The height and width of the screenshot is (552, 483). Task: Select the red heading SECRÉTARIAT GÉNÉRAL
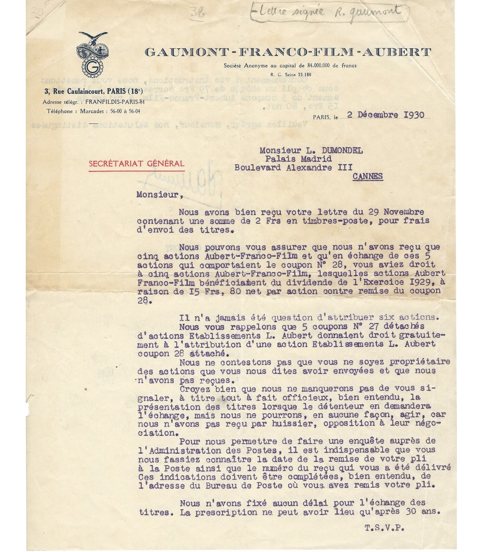137,163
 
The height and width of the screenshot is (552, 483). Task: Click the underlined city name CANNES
367,176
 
